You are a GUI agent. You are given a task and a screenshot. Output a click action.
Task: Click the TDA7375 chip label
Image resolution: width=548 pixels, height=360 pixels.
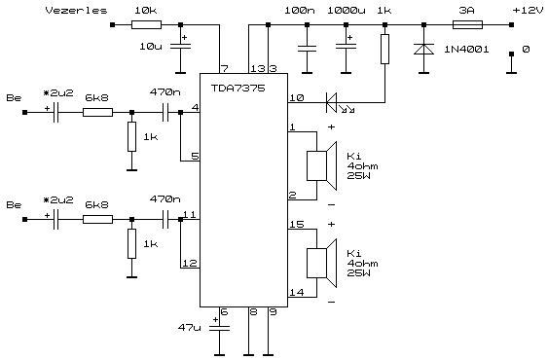pyautogui.click(x=238, y=89)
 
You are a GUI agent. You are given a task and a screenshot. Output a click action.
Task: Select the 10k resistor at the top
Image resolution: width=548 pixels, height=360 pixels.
pyautogui.click(x=146, y=25)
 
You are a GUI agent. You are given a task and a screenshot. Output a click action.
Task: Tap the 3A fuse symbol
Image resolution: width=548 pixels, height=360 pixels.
pyautogui.click(x=467, y=25)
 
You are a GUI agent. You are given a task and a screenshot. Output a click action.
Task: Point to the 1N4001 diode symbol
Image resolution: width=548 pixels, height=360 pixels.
pyautogui.click(x=424, y=49)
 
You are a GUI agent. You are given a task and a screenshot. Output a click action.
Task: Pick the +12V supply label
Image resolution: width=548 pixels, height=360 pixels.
pyautogui.click(x=529, y=11)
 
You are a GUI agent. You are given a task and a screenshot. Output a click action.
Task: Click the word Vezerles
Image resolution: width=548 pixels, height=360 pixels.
pyautogui.click(x=76, y=11)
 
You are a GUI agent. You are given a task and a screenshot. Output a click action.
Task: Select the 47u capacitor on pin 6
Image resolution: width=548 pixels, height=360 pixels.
pyautogui.click(x=219, y=328)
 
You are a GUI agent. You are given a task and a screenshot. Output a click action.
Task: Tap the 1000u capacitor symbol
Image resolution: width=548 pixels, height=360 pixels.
pyautogui.click(x=346, y=46)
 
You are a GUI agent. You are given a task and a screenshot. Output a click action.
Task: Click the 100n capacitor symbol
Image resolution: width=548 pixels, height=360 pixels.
pyautogui.click(x=307, y=48)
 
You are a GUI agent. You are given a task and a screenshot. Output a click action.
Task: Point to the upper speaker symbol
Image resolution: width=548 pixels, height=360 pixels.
pyautogui.click(x=322, y=165)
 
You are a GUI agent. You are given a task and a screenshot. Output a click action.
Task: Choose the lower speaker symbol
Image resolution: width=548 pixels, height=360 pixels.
pyautogui.click(x=322, y=263)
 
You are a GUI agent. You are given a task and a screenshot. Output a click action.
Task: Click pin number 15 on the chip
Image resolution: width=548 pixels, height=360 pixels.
pyautogui.click(x=297, y=224)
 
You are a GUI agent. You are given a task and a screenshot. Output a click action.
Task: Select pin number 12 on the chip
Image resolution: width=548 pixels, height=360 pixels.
pyautogui.click(x=190, y=263)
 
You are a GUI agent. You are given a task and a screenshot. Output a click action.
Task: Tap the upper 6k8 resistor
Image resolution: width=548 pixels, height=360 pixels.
pyautogui.click(x=98, y=112)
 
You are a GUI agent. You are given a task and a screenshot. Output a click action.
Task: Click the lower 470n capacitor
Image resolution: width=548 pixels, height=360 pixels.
pyautogui.click(x=165, y=219)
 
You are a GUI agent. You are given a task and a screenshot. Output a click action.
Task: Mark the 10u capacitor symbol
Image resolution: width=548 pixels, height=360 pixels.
pyautogui.click(x=180, y=46)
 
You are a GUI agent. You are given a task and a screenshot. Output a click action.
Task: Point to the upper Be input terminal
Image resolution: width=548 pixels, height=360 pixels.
pyautogui.click(x=24, y=112)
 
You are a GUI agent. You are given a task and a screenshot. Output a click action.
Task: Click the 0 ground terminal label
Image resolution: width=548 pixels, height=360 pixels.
pyautogui.click(x=526, y=50)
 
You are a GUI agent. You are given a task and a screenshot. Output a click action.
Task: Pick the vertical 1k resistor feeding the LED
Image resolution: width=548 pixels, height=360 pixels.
pyautogui.click(x=384, y=49)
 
